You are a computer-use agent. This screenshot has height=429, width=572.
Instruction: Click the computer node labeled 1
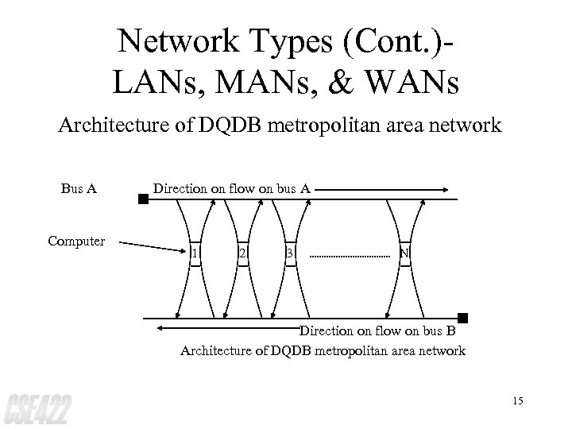tap(195, 253)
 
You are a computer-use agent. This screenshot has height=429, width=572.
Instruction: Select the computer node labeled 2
tap(242, 253)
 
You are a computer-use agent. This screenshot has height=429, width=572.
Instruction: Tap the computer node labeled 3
tap(291, 253)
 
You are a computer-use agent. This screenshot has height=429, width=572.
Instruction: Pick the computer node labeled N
tap(404, 253)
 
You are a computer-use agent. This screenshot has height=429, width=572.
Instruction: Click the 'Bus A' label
tap(79, 189)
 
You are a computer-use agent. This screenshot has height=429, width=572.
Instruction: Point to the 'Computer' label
tap(75, 240)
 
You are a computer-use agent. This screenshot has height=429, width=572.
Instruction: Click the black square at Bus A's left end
tap(143, 199)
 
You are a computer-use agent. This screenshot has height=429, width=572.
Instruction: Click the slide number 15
tap(518, 400)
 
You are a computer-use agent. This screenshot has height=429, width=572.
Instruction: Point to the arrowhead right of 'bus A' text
tap(445, 190)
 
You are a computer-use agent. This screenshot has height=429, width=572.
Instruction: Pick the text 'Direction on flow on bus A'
tap(231, 189)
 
